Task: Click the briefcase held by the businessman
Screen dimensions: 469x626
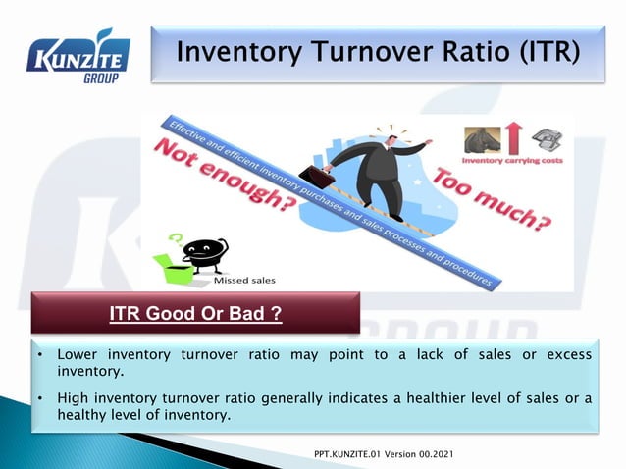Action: (317, 177)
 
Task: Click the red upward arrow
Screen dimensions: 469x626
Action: (513, 137)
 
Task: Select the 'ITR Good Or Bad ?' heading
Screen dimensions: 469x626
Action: (195, 314)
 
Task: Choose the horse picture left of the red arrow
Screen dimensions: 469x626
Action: (482, 138)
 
